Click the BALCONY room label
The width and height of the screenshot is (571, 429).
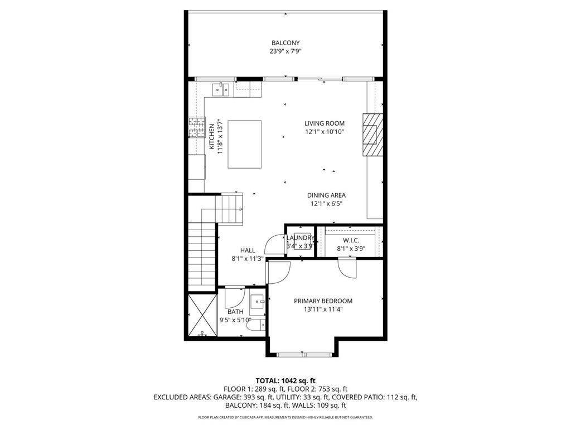pos(285,43)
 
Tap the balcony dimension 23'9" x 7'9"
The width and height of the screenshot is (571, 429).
pos(285,51)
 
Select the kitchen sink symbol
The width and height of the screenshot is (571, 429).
pos(221,88)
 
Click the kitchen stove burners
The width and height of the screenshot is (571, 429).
pos(196,127)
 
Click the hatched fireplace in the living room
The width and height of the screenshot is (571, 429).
pos(372,136)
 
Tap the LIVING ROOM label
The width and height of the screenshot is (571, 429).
pos(325,123)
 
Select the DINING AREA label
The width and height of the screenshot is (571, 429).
pos(326,196)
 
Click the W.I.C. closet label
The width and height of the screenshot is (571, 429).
pos(350,241)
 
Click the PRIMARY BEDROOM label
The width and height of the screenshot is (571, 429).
pos(323,301)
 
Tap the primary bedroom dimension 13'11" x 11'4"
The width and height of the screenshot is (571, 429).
pos(323,309)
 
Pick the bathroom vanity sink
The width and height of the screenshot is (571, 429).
pos(258,302)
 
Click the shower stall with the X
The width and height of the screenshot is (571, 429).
pos(200,316)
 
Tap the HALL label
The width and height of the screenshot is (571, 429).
pos(248,250)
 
